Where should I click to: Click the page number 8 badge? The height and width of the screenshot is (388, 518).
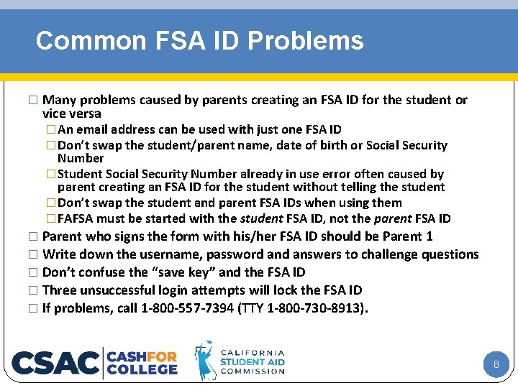(x=496, y=365)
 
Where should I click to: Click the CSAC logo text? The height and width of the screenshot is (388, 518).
(x=56, y=363)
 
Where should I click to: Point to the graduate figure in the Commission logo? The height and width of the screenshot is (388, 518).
(x=205, y=361)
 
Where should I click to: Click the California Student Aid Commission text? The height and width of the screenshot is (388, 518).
(x=252, y=361)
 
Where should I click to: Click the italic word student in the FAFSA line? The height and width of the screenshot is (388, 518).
(x=261, y=218)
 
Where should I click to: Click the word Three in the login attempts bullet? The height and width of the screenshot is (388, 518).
(x=59, y=290)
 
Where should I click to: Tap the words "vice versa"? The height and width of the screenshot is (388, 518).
(x=72, y=114)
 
